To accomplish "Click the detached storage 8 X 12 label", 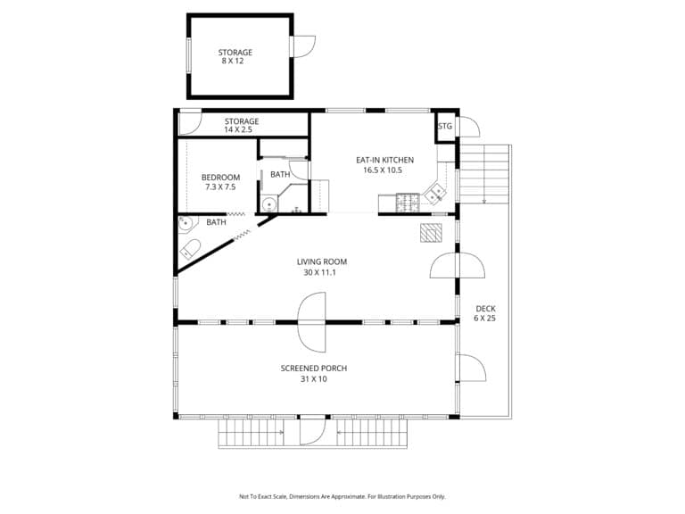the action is point(235,56).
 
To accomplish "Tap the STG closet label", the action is point(445,127).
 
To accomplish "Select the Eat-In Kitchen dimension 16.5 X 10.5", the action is point(383,170).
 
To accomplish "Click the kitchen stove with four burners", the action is point(408,203).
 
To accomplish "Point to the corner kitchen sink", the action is point(435,194).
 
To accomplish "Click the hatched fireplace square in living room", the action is point(431,233).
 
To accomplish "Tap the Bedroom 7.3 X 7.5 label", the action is point(220,182).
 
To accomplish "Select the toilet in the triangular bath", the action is point(191,249).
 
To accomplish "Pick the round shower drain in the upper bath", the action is point(269,204).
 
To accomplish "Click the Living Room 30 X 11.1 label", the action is point(321,267).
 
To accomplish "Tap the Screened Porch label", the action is point(314,369).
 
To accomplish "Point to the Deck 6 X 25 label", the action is point(485,313).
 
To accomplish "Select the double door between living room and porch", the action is point(312,322).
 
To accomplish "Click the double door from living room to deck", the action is point(457,265).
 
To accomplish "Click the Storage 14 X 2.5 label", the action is point(242,126).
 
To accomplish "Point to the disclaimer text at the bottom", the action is point(342,496).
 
